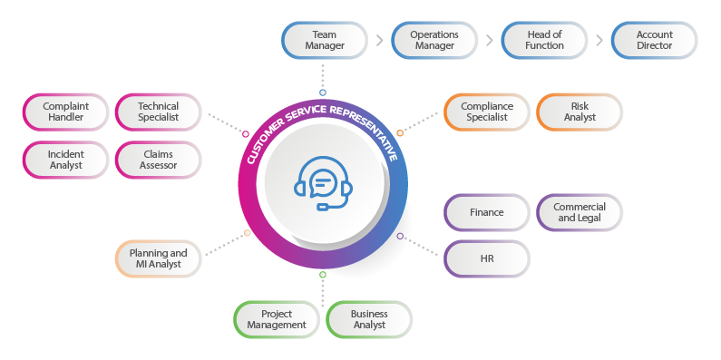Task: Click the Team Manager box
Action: coord(324,40)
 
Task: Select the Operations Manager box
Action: coord(434,40)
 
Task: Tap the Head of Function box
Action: coord(544,40)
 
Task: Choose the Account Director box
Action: coord(654,40)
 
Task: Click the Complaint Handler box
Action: coord(64,112)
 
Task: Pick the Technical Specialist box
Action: coord(159,112)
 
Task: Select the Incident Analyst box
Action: coord(64,160)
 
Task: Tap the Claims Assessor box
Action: coord(159,160)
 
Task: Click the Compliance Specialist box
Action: coord(487,112)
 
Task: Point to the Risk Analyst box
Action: coord(580,112)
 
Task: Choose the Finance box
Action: coord(487,213)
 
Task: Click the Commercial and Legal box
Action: coord(580,213)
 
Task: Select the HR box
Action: coord(487,258)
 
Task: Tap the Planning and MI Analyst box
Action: coord(158,258)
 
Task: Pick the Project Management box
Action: coord(277,319)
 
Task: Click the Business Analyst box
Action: coord(369,319)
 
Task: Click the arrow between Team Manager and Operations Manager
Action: coord(378,40)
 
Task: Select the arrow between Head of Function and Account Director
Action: coord(599,40)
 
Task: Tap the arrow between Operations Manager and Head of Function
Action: coord(489,40)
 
